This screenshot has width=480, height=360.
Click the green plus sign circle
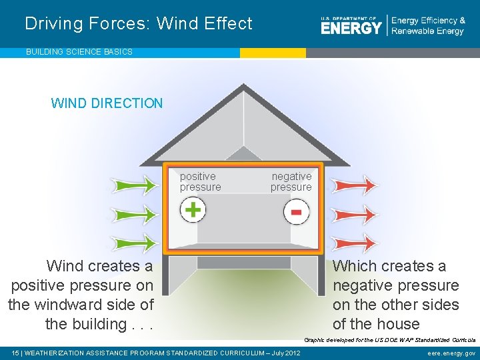[193, 210]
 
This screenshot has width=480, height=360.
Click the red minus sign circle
[296, 212]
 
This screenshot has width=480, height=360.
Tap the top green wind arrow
[133, 184]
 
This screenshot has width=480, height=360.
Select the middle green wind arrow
[133, 215]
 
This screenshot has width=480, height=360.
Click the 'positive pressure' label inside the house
[200, 182]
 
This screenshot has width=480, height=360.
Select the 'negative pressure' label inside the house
[291, 182]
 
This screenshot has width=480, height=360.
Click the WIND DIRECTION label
[107, 103]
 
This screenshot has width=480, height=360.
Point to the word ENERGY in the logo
[351, 27]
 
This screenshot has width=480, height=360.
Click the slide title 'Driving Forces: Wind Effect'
[139, 24]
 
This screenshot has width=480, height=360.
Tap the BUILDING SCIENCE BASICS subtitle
[79, 51]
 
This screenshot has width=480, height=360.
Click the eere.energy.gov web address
[451, 353]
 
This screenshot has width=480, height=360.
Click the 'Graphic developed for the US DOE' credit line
[389, 339]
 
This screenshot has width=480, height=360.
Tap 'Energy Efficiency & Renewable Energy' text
[428, 26]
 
